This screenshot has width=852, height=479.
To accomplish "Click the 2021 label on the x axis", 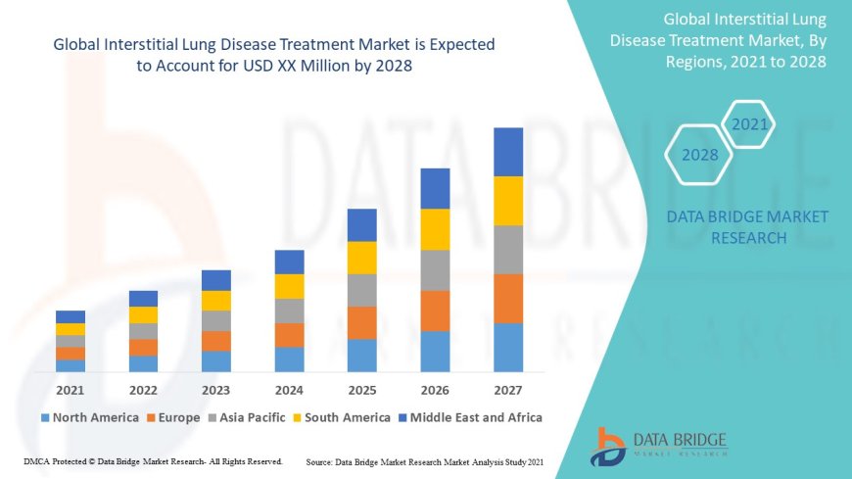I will (x=70, y=390).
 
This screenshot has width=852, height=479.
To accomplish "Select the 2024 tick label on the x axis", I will (x=289, y=390).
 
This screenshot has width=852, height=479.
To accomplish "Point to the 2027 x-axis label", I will (x=508, y=390).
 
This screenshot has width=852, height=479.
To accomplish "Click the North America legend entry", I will (x=89, y=417).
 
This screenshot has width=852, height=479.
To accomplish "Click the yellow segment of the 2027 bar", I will (x=508, y=201).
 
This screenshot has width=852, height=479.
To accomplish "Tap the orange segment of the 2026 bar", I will (x=435, y=311).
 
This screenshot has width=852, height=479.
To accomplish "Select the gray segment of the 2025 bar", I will (x=362, y=290).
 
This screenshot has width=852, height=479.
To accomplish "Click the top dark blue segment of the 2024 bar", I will (x=289, y=262).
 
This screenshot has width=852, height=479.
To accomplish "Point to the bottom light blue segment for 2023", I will (x=216, y=361).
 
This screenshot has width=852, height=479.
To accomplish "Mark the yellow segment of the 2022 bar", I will (x=143, y=314).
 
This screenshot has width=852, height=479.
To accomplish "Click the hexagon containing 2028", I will (x=699, y=155).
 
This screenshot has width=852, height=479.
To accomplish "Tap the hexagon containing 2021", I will (x=750, y=124).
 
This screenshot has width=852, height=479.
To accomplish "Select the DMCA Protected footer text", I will (x=153, y=460).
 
